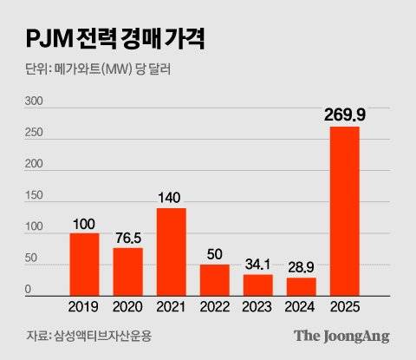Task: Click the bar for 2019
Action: click(x=84, y=265)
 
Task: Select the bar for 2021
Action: click(x=171, y=252)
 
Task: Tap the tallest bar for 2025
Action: click(x=344, y=211)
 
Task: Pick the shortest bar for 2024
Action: click(x=301, y=286)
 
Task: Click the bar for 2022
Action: click(x=214, y=279)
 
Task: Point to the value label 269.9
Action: click(x=344, y=115)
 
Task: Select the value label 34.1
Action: click(x=257, y=264)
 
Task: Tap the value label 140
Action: click(x=171, y=197)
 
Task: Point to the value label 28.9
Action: click(x=301, y=267)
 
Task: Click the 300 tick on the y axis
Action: click(x=33, y=101)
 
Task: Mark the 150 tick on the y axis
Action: click(x=33, y=196)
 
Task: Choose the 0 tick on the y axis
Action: click(x=28, y=290)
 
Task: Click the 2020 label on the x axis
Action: click(x=127, y=306)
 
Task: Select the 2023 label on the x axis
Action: click(x=257, y=306)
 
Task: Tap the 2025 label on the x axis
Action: click(x=344, y=306)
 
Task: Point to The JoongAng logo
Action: click(x=341, y=335)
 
